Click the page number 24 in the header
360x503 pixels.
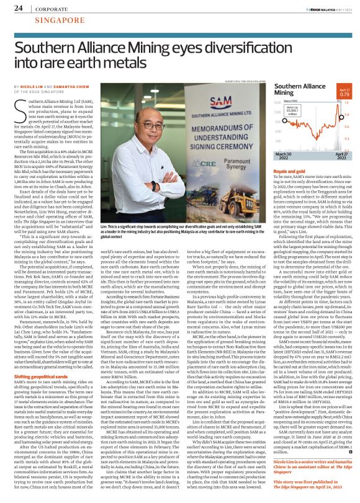point(18,8)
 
